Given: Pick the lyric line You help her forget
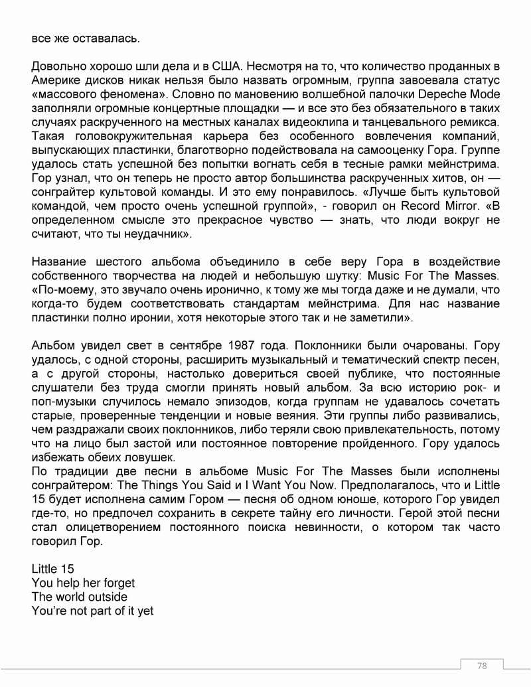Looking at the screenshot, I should point(83,583).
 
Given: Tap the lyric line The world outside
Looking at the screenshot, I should point(79,597).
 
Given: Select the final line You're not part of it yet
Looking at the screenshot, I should point(92,611).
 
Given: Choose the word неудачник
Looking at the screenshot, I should point(153,234).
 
